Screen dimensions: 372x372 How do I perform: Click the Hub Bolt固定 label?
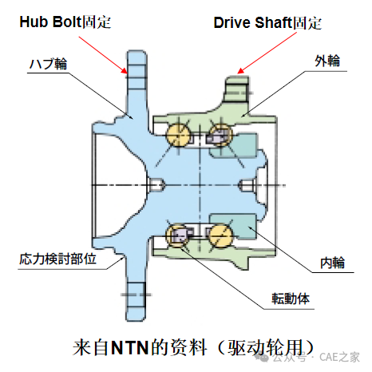(65, 22)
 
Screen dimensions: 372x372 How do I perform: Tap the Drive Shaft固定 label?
(267, 23)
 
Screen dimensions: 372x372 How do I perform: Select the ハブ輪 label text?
(48, 64)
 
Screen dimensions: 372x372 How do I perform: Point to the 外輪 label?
(327, 61)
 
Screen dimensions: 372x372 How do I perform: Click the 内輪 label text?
(332, 263)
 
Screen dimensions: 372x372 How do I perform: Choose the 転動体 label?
(291, 299)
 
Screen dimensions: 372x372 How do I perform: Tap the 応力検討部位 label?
(57, 259)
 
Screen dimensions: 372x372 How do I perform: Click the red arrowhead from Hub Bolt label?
(125, 70)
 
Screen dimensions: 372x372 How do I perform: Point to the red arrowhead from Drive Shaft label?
(240, 71)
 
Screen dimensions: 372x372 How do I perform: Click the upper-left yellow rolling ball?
(178, 135)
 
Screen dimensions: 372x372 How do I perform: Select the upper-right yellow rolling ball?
(220, 135)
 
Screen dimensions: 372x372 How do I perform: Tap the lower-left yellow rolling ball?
(177, 235)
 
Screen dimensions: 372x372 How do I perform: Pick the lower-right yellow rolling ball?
(220, 235)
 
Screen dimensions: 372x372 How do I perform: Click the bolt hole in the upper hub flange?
(137, 71)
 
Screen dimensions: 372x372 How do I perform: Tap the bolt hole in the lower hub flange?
(137, 295)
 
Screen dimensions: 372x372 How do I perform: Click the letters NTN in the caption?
(129, 348)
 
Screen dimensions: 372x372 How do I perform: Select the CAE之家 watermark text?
(339, 357)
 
